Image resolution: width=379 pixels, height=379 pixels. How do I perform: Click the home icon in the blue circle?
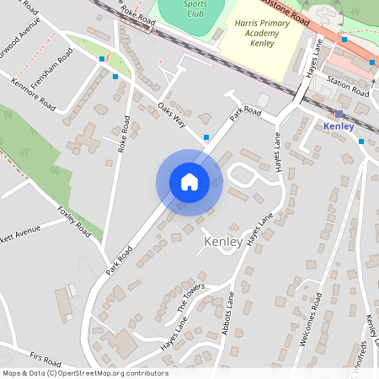pos(189,182)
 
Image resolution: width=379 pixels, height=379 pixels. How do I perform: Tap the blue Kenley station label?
pos(341,126)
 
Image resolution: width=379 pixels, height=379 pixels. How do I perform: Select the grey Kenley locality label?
pos(223,242)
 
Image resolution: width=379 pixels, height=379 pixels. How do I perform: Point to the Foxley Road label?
pos(74,218)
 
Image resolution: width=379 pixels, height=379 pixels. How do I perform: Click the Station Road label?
pos(348,87)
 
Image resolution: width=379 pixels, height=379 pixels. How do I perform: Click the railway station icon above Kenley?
pos(339,113)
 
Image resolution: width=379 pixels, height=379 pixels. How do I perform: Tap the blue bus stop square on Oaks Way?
pos(206,136)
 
